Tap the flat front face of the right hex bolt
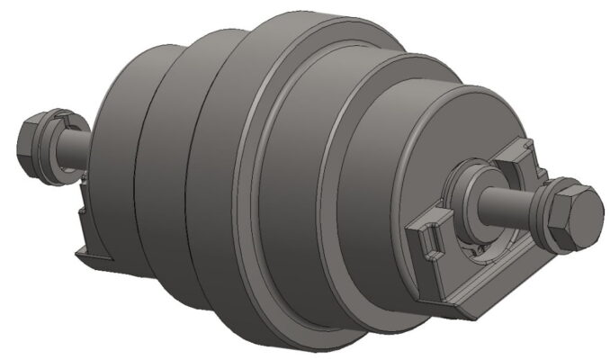[x=585, y=217]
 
